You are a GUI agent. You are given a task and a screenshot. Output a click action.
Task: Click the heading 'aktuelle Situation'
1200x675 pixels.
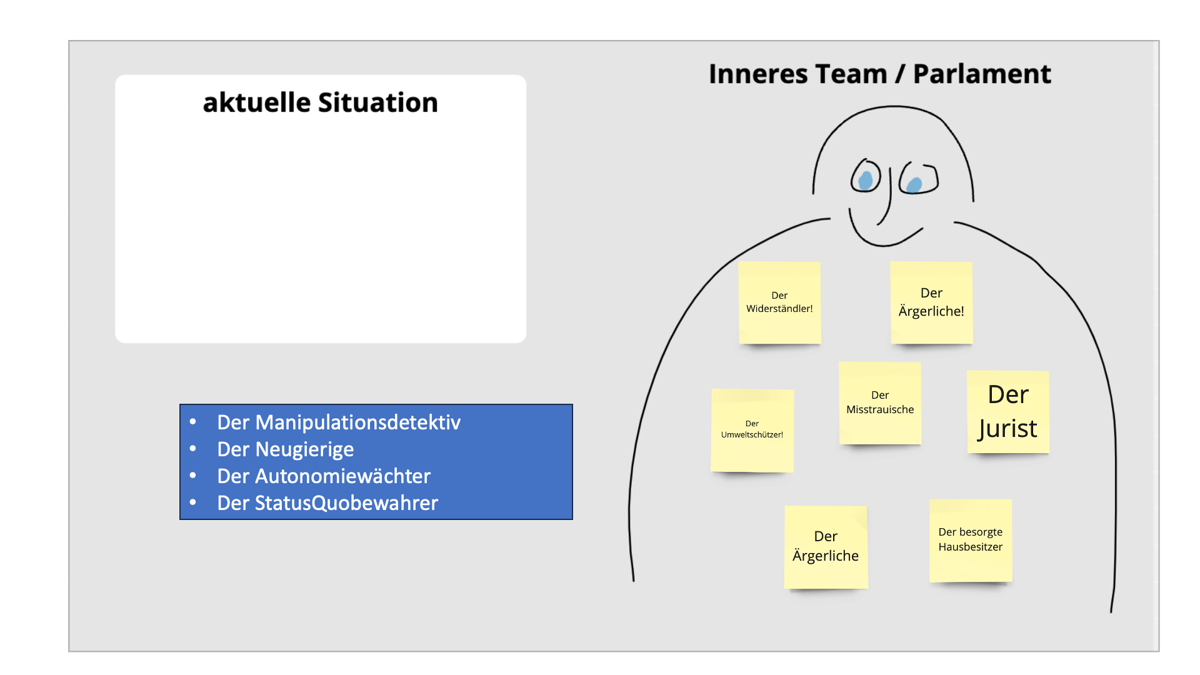(x=321, y=102)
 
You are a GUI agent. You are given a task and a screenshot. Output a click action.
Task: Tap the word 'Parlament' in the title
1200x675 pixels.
(x=982, y=74)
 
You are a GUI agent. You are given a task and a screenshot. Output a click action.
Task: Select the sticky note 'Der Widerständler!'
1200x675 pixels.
(x=779, y=302)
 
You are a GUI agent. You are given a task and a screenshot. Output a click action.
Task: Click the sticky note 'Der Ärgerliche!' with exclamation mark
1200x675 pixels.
(x=931, y=302)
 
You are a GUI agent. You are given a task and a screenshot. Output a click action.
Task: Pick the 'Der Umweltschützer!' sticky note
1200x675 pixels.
(x=752, y=430)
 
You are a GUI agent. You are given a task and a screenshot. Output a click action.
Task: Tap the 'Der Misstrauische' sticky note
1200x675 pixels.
(x=880, y=403)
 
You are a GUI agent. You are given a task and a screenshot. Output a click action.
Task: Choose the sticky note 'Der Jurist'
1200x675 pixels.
(x=1008, y=412)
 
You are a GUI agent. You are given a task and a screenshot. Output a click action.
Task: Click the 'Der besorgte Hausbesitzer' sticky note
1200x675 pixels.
(x=971, y=541)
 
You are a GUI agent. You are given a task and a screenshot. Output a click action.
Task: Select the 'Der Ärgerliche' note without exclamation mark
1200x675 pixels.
(x=826, y=547)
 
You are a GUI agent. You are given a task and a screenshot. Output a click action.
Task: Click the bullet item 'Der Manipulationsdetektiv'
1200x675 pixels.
(x=339, y=422)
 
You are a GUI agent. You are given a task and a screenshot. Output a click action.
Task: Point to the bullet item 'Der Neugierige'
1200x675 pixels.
(x=286, y=449)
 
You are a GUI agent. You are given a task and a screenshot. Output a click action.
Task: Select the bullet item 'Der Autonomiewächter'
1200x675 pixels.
(x=324, y=476)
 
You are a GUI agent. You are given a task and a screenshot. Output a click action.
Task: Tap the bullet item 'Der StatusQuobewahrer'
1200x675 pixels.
(x=327, y=503)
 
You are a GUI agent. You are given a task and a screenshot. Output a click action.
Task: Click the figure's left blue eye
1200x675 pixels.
(x=866, y=180)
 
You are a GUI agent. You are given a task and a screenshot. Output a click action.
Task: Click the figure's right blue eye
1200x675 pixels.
(x=914, y=185)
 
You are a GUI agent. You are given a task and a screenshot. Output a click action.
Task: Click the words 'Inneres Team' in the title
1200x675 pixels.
(x=798, y=74)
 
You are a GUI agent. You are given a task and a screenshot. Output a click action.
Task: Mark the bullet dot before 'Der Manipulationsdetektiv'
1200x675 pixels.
(x=193, y=422)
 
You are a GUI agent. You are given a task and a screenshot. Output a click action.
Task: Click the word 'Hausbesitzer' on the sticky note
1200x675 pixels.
(x=971, y=547)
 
